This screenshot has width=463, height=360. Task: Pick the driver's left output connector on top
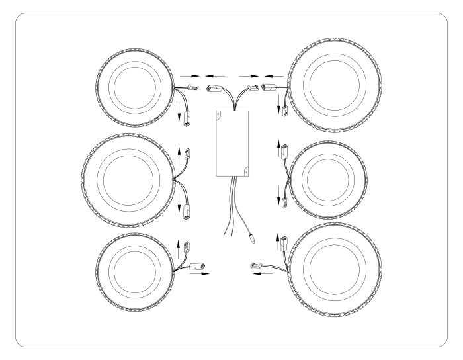214,87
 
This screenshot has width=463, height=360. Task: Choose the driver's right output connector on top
252,86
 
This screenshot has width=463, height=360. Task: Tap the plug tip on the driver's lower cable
253,235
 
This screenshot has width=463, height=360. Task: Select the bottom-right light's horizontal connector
257,266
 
